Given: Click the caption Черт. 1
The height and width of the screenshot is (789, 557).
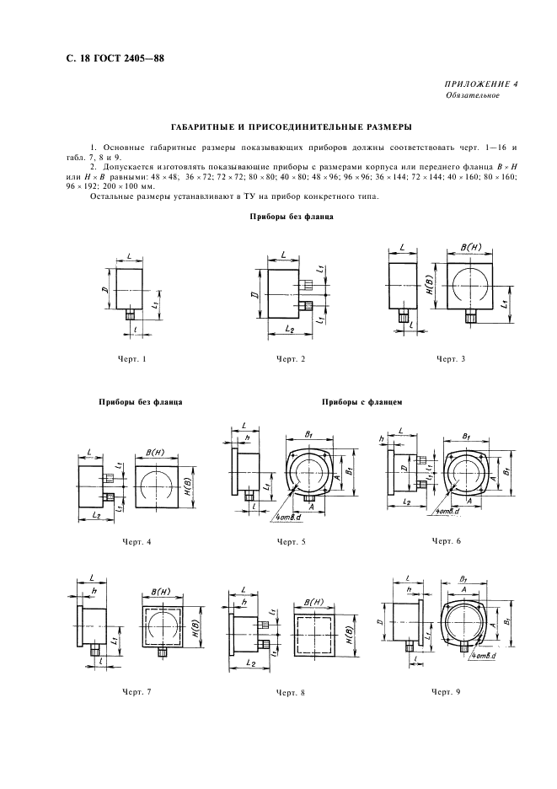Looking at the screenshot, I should (x=133, y=359).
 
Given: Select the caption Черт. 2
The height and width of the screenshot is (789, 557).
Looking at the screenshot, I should (x=290, y=359).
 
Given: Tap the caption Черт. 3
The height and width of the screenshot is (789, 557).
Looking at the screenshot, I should (x=451, y=359).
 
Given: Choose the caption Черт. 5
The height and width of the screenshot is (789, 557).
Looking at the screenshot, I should (x=291, y=541).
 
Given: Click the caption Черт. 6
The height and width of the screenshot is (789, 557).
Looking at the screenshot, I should (x=447, y=540).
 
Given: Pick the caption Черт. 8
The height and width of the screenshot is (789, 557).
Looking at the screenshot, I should (x=291, y=693).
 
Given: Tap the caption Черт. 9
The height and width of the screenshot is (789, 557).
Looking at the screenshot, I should (x=447, y=691).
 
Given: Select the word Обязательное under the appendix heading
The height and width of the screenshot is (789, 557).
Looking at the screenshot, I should (x=473, y=95).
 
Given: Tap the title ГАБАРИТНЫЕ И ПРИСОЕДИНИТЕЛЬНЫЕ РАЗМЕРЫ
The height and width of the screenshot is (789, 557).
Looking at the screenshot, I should (x=279, y=127).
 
